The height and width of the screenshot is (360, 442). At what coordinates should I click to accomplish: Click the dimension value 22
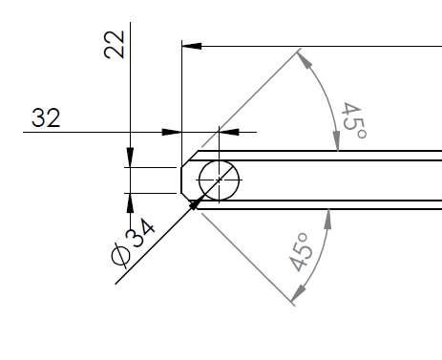tap(115, 45)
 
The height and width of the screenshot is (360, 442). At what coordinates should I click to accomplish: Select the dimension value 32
tap(46, 117)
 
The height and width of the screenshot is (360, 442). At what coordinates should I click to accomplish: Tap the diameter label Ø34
tap(133, 243)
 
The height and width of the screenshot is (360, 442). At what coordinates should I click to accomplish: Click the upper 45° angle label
tap(353, 120)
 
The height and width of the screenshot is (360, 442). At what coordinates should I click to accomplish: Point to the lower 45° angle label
tap(300, 252)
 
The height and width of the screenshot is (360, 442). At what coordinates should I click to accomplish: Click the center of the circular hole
tap(219, 180)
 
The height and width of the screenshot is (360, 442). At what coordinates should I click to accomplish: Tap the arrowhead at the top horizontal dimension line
tap(192, 46)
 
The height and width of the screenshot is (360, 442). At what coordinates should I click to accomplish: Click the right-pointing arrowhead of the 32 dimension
tap(172, 132)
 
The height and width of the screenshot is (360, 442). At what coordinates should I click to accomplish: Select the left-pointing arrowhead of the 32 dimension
tap(229, 132)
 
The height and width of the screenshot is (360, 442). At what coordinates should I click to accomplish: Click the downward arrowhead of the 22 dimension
tap(130, 158)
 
